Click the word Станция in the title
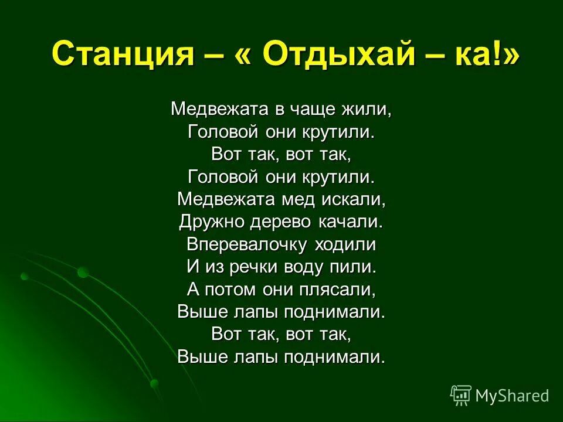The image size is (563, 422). (x=123, y=55)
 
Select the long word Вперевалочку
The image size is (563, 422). (x=246, y=244)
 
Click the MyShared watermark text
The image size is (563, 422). (x=512, y=396)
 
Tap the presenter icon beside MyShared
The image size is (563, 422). (x=460, y=396)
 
